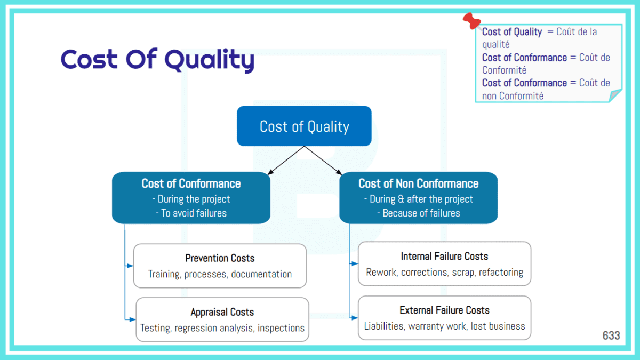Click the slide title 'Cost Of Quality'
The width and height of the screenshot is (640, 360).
coord(157,60)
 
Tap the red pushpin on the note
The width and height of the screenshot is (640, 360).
coord(471,21)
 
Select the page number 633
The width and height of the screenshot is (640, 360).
coord(611,335)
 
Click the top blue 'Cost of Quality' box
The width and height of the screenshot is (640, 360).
coord(304,126)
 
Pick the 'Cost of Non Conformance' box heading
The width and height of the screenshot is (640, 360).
coord(418,184)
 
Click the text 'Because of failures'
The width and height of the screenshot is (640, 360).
coord(421,213)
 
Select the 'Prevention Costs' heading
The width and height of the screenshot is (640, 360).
coord(220,258)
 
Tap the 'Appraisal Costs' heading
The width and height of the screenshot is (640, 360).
coord(222,312)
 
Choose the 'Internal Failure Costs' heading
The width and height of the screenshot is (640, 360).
coord(444,257)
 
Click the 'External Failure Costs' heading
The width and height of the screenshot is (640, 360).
coord(444,310)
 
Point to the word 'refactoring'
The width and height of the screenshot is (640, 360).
coord(501,272)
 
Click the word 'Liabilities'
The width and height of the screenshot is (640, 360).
coord(384,326)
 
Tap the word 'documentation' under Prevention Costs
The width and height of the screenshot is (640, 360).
coord(261,274)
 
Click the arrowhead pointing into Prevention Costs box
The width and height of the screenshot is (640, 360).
coord(130,266)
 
